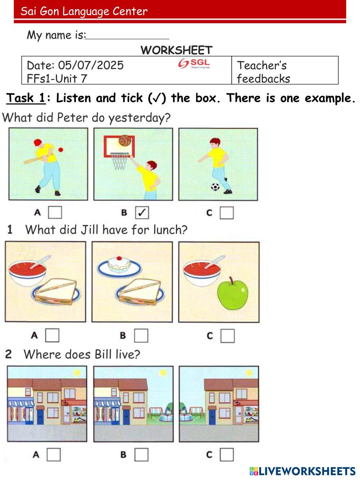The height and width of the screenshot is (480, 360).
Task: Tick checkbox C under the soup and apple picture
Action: [227, 336]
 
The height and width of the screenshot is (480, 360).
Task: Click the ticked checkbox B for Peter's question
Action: [142, 212]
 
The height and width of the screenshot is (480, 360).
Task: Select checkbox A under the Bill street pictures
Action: [54, 455]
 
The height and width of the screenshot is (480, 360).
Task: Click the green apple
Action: [233, 294]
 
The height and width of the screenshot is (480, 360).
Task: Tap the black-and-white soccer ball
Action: [215, 187]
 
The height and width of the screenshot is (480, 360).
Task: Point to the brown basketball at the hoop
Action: [125, 140]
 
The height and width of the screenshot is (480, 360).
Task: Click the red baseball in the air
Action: [60, 150]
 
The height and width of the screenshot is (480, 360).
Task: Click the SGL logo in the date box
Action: [194, 64]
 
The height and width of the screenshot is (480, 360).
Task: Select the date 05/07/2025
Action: [91, 65]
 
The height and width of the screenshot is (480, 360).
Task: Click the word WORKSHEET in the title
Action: [177, 50]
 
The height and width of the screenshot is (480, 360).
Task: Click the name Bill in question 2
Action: [103, 354]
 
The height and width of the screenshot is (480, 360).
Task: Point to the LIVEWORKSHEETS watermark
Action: [302, 471]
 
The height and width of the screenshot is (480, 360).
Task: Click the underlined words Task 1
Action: [26, 98]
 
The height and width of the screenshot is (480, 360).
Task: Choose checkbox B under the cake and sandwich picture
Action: [141, 336]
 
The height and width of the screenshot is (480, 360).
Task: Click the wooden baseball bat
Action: [34, 160]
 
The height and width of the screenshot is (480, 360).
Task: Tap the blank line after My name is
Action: [127, 39]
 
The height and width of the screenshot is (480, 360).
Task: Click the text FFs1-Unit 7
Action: [57, 78]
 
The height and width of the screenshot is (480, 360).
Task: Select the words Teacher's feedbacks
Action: [264, 72]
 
